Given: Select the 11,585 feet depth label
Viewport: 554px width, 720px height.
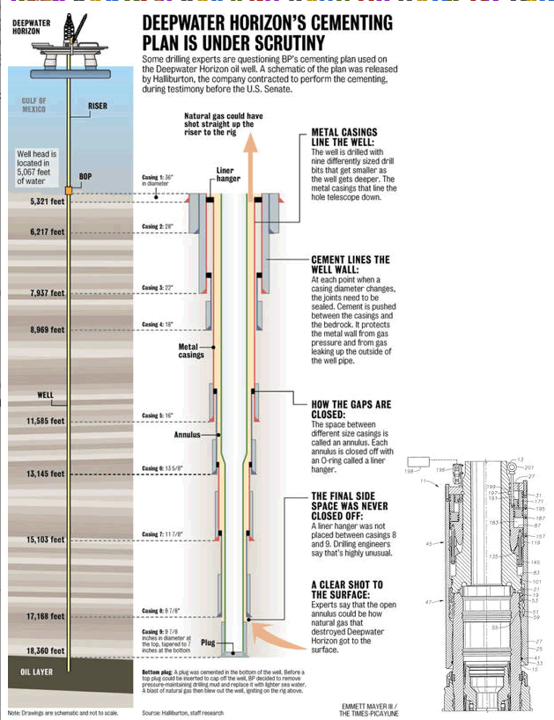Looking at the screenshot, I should point(46,421).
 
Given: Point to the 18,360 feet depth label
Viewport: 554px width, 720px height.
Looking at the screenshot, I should point(46,650).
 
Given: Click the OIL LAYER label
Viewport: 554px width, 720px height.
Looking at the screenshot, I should point(38,672).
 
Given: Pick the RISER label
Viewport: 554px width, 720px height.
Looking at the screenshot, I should point(98,107).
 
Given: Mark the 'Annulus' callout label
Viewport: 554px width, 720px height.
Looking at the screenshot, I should point(187,434).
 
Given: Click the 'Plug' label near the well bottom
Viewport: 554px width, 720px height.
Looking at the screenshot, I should point(208,643).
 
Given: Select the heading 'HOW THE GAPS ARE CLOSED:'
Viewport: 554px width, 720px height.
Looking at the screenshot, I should point(350,409).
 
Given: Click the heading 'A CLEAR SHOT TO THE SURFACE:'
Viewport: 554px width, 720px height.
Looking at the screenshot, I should point(347,590).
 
